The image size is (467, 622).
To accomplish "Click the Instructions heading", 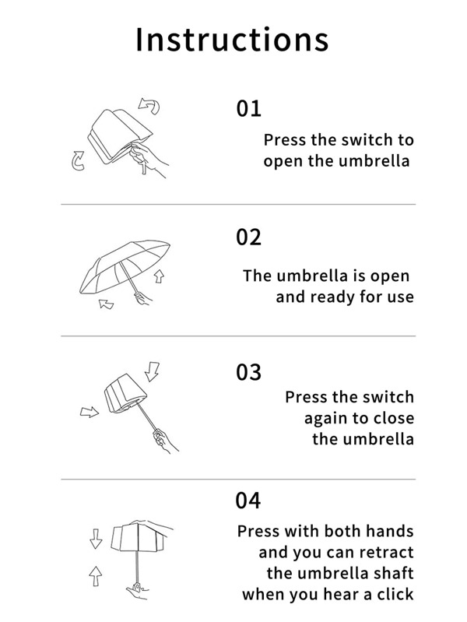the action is click(x=232, y=40).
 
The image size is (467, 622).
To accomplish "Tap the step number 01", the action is click(x=249, y=109).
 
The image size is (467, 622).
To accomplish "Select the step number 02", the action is click(x=249, y=237).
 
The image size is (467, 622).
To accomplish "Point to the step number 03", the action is click(x=249, y=372).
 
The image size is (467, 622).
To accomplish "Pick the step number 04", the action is click(x=248, y=501).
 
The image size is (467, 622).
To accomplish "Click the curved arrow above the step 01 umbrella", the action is click(x=150, y=105).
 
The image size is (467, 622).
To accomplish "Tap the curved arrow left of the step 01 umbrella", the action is click(x=78, y=160).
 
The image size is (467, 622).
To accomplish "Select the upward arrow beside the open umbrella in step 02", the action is click(x=159, y=276).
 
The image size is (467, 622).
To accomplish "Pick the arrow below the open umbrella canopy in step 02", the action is click(x=106, y=304).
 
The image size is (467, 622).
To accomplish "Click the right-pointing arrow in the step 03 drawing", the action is click(x=90, y=412).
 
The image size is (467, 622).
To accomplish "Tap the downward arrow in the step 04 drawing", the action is click(x=96, y=539).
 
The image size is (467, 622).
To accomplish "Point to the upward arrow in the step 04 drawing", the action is click(x=95, y=576).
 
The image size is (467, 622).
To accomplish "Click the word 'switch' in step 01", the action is click(x=355, y=140).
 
